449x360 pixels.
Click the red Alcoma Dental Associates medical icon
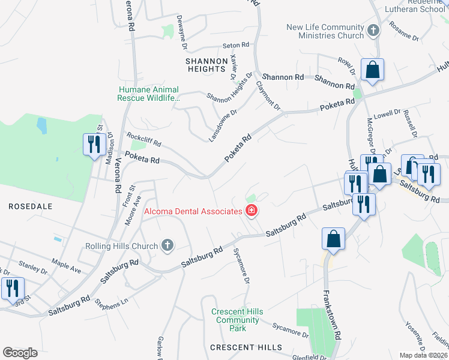pos(252,211)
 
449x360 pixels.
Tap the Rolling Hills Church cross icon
pos(167,245)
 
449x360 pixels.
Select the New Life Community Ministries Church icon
pos(373,31)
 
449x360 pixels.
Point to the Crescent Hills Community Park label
pos(238,320)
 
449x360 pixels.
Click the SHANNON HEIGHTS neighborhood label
pos(206,65)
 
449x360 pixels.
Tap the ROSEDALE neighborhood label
pos(31,206)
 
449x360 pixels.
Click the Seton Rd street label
pos(235,46)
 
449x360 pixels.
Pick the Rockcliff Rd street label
pos(143,140)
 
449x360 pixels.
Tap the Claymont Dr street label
pos(268,96)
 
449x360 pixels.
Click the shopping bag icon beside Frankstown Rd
pos(334,239)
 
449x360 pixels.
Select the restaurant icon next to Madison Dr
pos(93,145)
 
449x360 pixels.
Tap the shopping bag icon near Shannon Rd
pos(373,70)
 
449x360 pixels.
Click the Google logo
pos(20,353)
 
